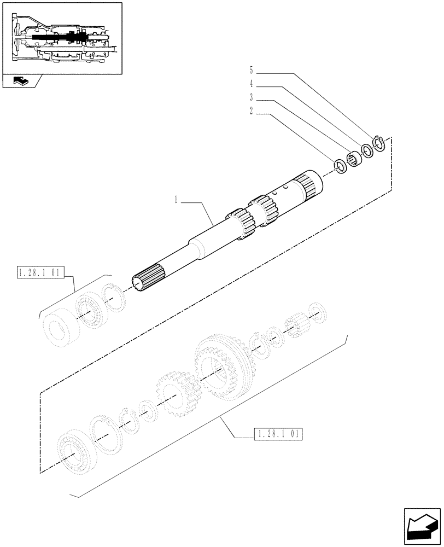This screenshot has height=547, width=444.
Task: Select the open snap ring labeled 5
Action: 379,143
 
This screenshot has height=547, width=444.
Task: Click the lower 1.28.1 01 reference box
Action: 278,435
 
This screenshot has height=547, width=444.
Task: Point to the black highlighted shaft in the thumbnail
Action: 55,37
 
